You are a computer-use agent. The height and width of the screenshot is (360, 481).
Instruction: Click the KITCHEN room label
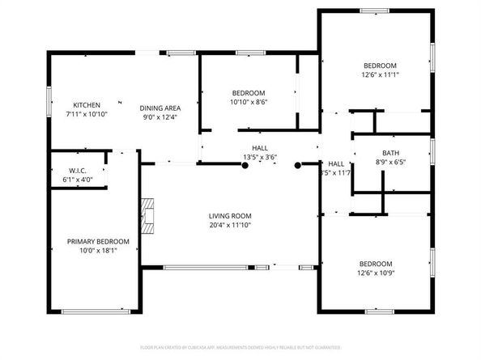tap(87, 105)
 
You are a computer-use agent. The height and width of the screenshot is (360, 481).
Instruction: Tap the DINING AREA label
tap(160, 108)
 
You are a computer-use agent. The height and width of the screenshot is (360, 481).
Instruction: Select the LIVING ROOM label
tap(230, 215)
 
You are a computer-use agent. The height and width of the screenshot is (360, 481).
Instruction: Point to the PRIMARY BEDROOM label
tap(97, 241)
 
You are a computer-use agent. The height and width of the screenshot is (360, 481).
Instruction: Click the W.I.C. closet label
tap(77, 171)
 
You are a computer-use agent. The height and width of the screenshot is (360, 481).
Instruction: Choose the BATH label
tap(390, 153)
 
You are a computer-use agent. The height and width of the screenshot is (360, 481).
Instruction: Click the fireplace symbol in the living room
tap(147, 214)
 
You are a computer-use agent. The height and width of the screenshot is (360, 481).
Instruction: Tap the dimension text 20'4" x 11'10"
tap(230, 225)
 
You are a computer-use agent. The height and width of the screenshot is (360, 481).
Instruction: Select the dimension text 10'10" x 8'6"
tap(249, 103)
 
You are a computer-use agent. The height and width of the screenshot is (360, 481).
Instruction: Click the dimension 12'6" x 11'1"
tap(379, 75)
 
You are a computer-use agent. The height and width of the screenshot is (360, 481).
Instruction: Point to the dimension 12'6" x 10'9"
tap(376, 273)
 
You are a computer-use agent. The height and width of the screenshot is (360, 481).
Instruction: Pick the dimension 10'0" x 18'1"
tap(97, 251)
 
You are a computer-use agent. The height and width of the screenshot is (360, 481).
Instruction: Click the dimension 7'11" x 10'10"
tap(87, 115)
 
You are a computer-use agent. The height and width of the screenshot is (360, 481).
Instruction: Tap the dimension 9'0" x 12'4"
tap(160, 117)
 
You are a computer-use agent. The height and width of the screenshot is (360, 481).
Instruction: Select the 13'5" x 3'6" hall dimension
tap(260, 157)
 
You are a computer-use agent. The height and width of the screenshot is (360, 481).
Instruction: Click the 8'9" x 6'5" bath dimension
tap(390, 163)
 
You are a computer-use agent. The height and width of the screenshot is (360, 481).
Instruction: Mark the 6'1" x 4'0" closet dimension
tap(77, 180)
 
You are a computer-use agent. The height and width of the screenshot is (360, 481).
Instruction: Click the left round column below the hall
tap(245, 165)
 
